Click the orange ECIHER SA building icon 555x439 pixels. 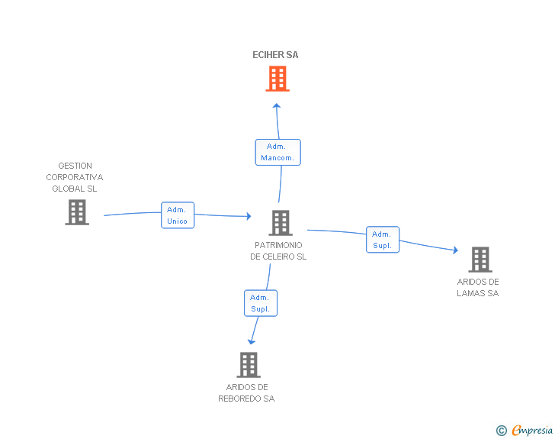[x=277, y=78]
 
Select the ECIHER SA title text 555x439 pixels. [x=275, y=55]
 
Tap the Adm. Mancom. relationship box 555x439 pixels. [x=277, y=152]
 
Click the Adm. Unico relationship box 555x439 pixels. [x=177, y=215]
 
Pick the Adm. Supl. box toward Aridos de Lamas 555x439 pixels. [x=382, y=240]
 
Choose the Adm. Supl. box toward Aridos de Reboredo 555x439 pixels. [x=260, y=303]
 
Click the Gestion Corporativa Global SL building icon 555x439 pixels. [x=77, y=212]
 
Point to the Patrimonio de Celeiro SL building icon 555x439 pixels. [x=281, y=223]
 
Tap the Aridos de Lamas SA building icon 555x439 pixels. [x=480, y=260]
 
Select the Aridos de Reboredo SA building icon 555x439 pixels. [x=249, y=365]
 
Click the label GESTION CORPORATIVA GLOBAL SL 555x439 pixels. [x=75, y=177]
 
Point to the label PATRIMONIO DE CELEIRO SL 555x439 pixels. [x=278, y=251]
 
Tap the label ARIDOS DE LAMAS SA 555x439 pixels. [x=478, y=287]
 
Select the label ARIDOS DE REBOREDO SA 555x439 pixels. [x=246, y=392]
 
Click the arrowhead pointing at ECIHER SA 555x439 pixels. [x=277, y=106]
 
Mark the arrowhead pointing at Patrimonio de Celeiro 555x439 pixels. [x=248, y=217]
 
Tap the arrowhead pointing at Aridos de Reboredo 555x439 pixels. [x=252, y=341]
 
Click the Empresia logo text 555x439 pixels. [x=532, y=431]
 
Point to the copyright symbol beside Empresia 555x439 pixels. [x=501, y=431]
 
